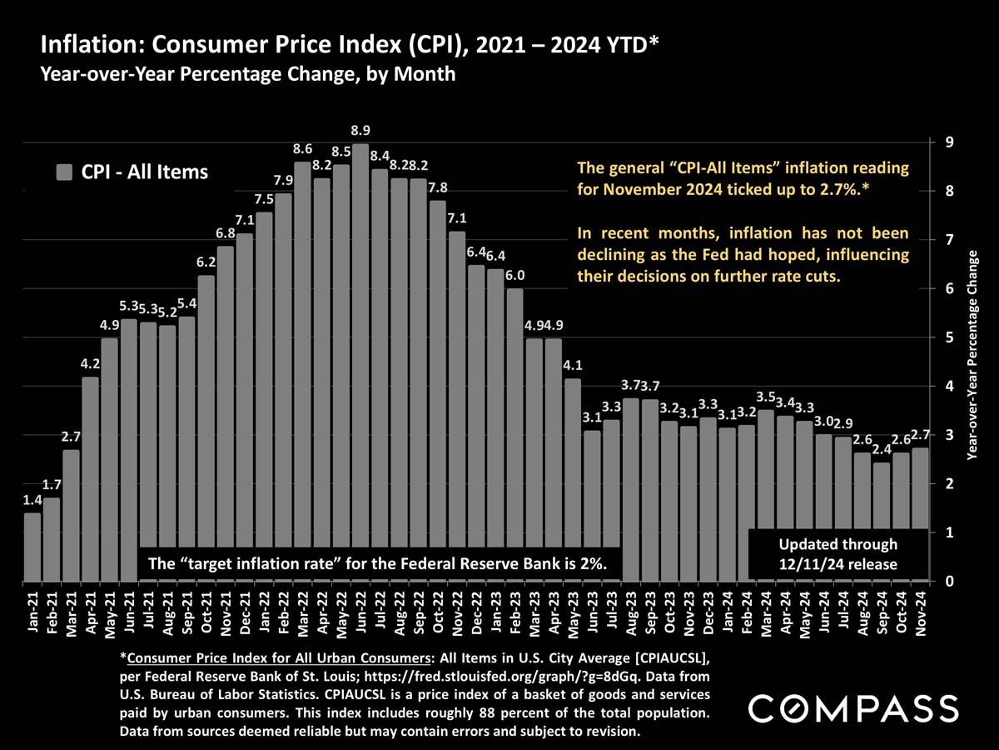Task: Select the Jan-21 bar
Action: click(x=32, y=547)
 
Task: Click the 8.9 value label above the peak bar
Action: click(x=360, y=131)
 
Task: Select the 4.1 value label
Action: click(x=573, y=365)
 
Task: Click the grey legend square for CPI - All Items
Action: click(x=64, y=172)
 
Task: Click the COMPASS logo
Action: click(x=852, y=708)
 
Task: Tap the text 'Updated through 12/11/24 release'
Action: click(x=837, y=555)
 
